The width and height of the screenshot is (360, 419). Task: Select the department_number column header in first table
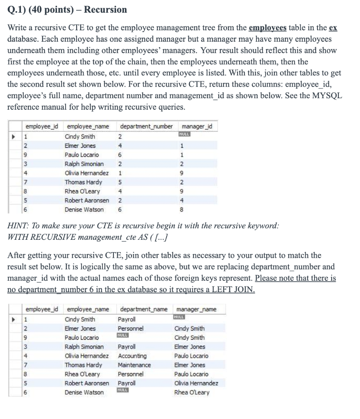tap(146, 126)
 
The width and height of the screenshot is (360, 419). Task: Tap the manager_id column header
tap(197, 126)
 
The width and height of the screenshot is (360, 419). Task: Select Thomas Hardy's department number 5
tap(120, 182)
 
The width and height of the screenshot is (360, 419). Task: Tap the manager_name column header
tap(195, 309)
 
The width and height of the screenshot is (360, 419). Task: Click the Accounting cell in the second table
tap(132, 356)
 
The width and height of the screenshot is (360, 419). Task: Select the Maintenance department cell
tap(134, 365)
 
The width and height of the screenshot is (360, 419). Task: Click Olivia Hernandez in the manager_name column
tap(196, 383)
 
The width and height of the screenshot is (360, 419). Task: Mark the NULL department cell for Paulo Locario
tap(123, 336)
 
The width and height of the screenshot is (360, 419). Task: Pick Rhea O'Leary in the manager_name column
tap(192, 392)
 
